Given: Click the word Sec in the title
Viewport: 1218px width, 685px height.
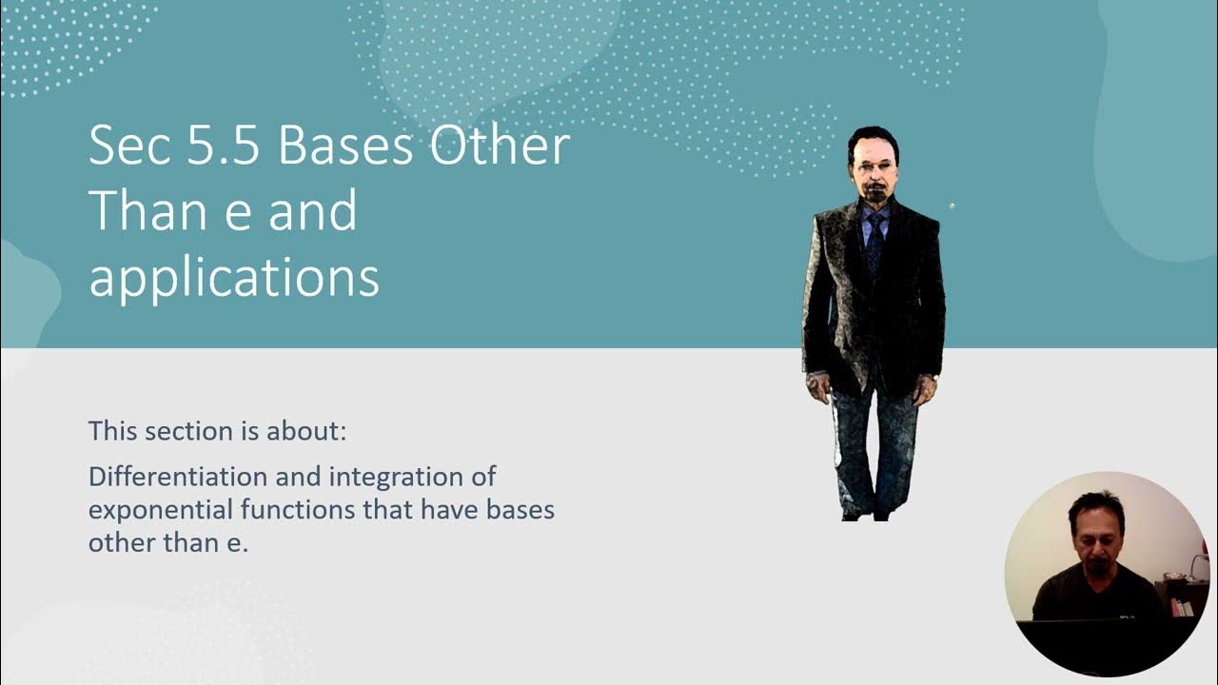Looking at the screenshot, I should [125, 147].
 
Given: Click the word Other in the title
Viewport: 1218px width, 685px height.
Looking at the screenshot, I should [500, 147].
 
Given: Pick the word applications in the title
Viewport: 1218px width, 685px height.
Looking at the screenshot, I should [233, 278].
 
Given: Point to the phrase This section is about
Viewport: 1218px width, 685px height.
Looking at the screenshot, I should [217, 431].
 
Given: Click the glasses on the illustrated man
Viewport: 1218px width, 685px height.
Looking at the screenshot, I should [871, 167].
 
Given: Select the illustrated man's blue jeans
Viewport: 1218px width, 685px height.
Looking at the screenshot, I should [874, 442].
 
